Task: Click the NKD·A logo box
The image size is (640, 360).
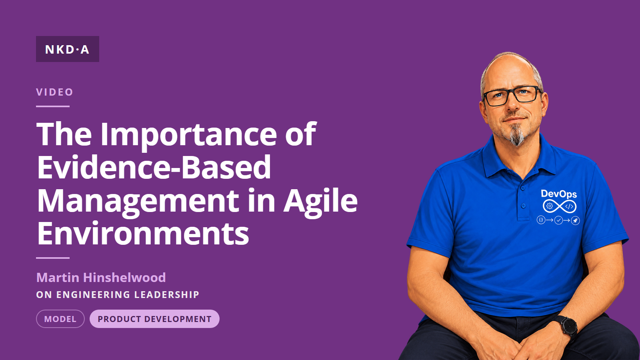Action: [x=68, y=49]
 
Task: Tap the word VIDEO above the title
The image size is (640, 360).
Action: [x=54, y=92]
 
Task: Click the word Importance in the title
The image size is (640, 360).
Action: [x=188, y=135]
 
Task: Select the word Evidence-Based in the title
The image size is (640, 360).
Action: [x=154, y=167]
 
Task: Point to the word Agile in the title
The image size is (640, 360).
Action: [x=320, y=201]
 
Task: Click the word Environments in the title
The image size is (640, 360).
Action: [x=143, y=233]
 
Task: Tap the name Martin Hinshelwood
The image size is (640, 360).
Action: [x=101, y=278]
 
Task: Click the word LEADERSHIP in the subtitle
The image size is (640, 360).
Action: [x=166, y=294]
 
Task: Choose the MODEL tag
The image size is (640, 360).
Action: [x=60, y=319]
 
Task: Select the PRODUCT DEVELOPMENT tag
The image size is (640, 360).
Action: [x=154, y=319]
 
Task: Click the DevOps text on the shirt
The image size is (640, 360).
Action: [x=559, y=194]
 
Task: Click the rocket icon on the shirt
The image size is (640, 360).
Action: [x=576, y=220]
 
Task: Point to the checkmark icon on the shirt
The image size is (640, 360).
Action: [x=558, y=220]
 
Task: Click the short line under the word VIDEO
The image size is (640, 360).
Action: [x=53, y=106]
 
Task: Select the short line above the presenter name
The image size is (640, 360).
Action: [x=53, y=258]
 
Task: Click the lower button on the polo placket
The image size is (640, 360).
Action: [x=524, y=206]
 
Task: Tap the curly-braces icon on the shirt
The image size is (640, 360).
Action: [x=541, y=220]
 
